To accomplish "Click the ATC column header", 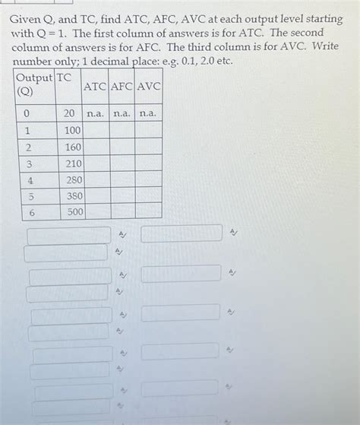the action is pyautogui.click(x=95, y=87).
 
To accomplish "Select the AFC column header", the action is pyautogui.click(x=122, y=87).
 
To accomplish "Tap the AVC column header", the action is pyautogui.click(x=148, y=87).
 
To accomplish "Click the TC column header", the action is pyautogui.click(x=64, y=78).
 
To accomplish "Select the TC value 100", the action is pyautogui.click(x=72, y=130).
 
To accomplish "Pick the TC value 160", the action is pyautogui.click(x=73, y=147).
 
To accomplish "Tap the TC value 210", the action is pyautogui.click(x=73, y=163).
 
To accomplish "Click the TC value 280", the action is pyautogui.click(x=74, y=180).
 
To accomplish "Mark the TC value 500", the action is pyautogui.click(x=75, y=212).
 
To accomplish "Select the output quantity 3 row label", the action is pyautogui.click(x=29, y=163).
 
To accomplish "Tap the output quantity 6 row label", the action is pyautogui.click(x=31, y=213).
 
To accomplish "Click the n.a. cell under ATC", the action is pyautogui.click(x=95, y=113).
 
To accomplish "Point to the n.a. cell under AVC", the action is pyautogui.click(x=148, y=113).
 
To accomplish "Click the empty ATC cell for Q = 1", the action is pyautogui.click(x=96, y=130).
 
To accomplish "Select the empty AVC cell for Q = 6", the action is pyautogui.click(x=149, y=211).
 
